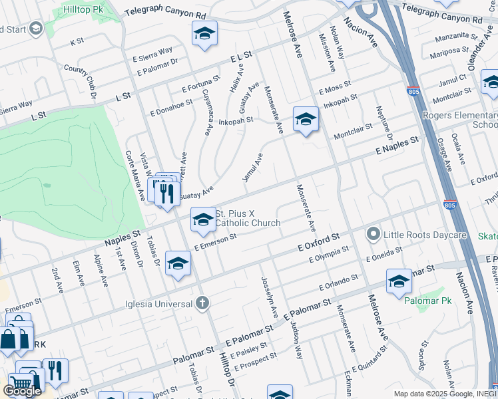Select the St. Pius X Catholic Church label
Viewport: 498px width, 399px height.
[248, 218]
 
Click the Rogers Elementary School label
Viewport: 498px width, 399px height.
[460, 120]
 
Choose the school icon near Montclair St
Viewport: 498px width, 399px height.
[306, 119]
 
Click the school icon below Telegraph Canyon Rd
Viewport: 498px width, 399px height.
[204, 33]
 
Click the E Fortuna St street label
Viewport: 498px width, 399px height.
[200, 85]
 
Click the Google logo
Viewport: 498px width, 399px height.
[22, 391]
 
